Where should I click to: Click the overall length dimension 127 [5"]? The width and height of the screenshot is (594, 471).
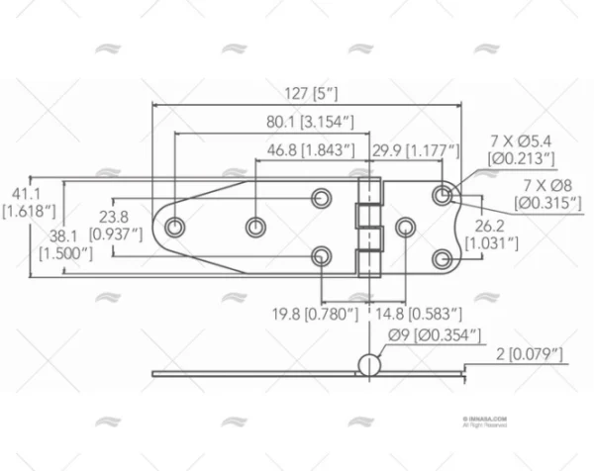[x=311, y=95]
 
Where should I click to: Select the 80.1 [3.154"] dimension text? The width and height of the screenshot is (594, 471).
[x=311, y=123]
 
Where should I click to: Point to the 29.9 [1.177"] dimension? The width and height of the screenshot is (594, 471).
[x=416, y=150]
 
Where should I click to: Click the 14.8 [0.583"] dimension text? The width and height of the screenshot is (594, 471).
[x=422, y=314]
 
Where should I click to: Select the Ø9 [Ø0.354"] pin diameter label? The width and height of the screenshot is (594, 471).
[x=435, y=336]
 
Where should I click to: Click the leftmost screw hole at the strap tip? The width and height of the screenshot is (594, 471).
[x=174, y=228]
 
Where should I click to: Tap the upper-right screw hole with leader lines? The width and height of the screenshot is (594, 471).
[x=442, y=195]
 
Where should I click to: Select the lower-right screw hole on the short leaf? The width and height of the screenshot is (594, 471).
[x=442, y=259]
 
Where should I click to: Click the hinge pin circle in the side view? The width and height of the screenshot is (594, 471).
[x=367, y=364]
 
